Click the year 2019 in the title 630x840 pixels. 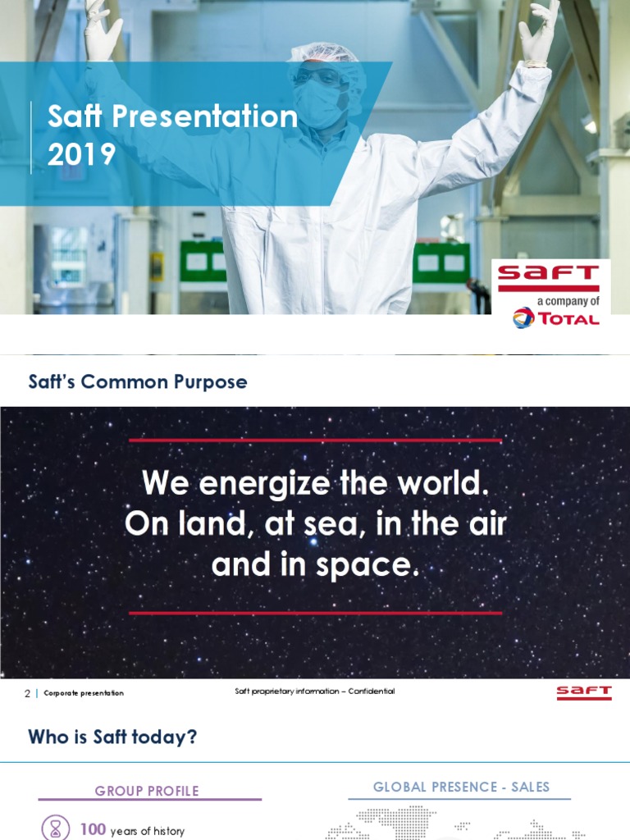click(x=81, y=154)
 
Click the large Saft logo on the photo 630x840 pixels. click(x=549, y=277)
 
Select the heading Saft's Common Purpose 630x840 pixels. click(x=138, y=382)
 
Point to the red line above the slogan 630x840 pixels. click(x=315, y=441)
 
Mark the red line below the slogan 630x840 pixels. click(x=315, y=613)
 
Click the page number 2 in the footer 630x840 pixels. click(x=27, y=693)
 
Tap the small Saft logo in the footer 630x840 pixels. click(x=584, y=693)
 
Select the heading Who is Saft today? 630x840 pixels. click(x=112, y=737)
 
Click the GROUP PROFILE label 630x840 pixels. click(x=147, y=791)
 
